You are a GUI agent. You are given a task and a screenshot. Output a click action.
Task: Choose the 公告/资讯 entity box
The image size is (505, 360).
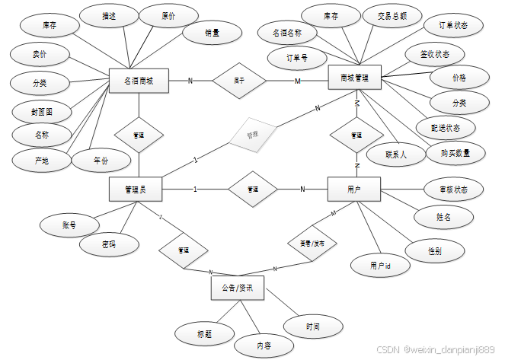point(237,288)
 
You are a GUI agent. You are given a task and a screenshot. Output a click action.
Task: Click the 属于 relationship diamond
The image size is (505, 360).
point(238,80)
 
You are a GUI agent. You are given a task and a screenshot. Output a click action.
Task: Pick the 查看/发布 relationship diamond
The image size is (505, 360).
point(311,244)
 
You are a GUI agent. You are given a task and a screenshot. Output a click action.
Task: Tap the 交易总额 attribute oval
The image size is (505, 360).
point(386,16)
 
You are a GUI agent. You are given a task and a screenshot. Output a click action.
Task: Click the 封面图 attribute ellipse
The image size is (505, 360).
point(42,112)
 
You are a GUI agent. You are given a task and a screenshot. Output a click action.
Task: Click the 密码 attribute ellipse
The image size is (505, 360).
point(110,244)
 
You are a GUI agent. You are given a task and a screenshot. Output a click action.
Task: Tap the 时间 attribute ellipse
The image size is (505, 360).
point(313,327)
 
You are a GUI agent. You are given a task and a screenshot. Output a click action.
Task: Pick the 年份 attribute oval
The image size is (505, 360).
point(101,161)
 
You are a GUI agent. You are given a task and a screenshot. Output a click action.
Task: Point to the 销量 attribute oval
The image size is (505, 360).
point(212,33)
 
